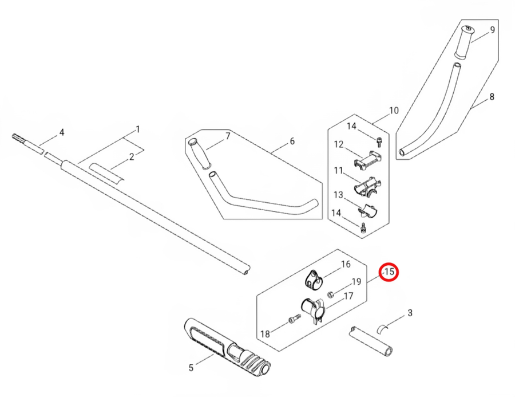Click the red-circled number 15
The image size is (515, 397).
389,272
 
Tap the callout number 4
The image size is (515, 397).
62,132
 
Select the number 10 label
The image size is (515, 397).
394,111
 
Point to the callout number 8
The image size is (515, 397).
492,97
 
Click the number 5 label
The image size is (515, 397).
191,367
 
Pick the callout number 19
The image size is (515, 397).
356,281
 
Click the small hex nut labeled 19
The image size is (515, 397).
331,294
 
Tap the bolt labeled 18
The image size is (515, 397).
295,319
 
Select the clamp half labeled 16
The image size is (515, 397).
314,280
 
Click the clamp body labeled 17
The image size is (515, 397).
312,309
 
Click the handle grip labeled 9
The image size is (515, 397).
465,41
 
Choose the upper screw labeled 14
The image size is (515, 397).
379,141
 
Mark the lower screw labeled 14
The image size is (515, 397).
363,227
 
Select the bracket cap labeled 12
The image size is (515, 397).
368,160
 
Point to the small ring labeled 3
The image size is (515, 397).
382,328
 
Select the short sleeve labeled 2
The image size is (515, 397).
107,173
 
